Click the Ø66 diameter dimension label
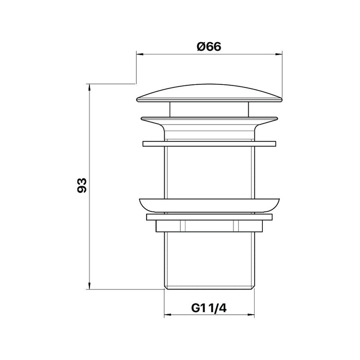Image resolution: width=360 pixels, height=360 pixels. (x=209, y=47)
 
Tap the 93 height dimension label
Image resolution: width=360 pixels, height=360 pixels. (x=82, y=185)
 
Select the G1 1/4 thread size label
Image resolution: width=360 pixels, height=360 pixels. (x=209, y=308)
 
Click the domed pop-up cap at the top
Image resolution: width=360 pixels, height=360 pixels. (x=209, y=93)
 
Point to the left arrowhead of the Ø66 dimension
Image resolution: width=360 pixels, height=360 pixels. (x=140, y=55)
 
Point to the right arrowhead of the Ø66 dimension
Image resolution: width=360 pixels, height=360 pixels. (x=279, y=55)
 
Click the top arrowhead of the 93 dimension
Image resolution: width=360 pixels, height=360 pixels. (x=89, y=88)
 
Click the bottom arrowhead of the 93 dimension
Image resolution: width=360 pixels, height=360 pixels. (x=89, y=285)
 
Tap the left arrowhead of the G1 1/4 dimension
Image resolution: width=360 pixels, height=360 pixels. (x=168, y=315)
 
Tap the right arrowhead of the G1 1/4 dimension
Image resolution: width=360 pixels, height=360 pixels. (x=251, y=315)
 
